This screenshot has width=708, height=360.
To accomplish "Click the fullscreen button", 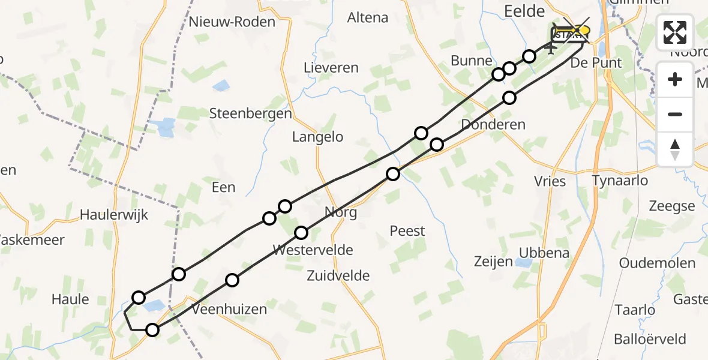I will coord(676,32).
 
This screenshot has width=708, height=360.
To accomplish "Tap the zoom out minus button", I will coord(676,114).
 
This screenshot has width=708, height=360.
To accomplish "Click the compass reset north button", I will coord(676,149).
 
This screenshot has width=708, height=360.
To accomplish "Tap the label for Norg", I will coord(340,212).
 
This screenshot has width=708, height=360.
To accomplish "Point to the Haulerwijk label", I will coord(114,214).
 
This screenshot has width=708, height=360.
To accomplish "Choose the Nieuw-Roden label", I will coord(232,22).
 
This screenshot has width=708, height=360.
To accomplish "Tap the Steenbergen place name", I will coord(250,113).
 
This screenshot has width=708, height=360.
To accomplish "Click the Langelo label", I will coord(317,137).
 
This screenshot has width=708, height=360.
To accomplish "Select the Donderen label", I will coord(494,125).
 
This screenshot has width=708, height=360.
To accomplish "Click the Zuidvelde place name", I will coord(338,276).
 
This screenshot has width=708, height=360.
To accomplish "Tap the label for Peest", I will coord(407,230).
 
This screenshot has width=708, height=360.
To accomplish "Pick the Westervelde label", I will coord(313,250).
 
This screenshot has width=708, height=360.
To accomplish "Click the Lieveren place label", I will coord(331,68).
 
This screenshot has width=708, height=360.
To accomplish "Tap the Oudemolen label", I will coord(657,263).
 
